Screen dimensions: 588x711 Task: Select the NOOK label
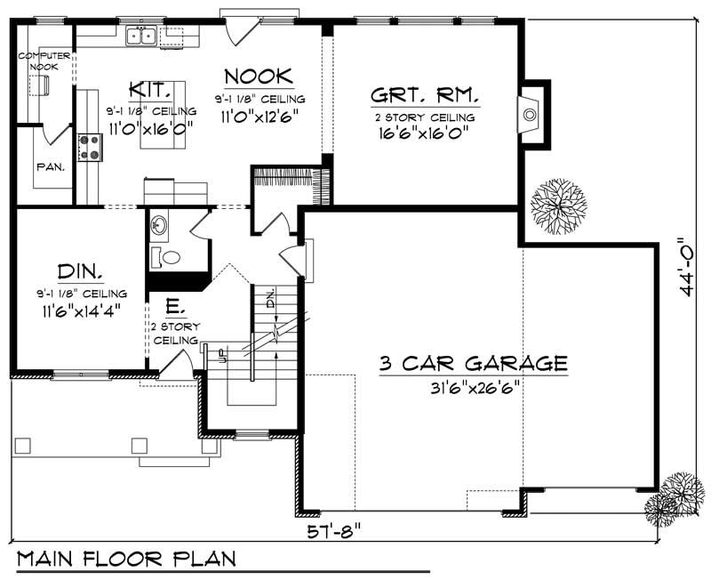click(259, 76)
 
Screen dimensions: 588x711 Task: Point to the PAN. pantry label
click(49, 166)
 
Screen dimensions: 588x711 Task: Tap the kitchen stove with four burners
click(91, 145)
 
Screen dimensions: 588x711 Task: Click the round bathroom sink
click(159, 224)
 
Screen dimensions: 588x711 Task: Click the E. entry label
click(174, 309)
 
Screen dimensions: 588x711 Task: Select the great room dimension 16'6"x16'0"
click(423, 133)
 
